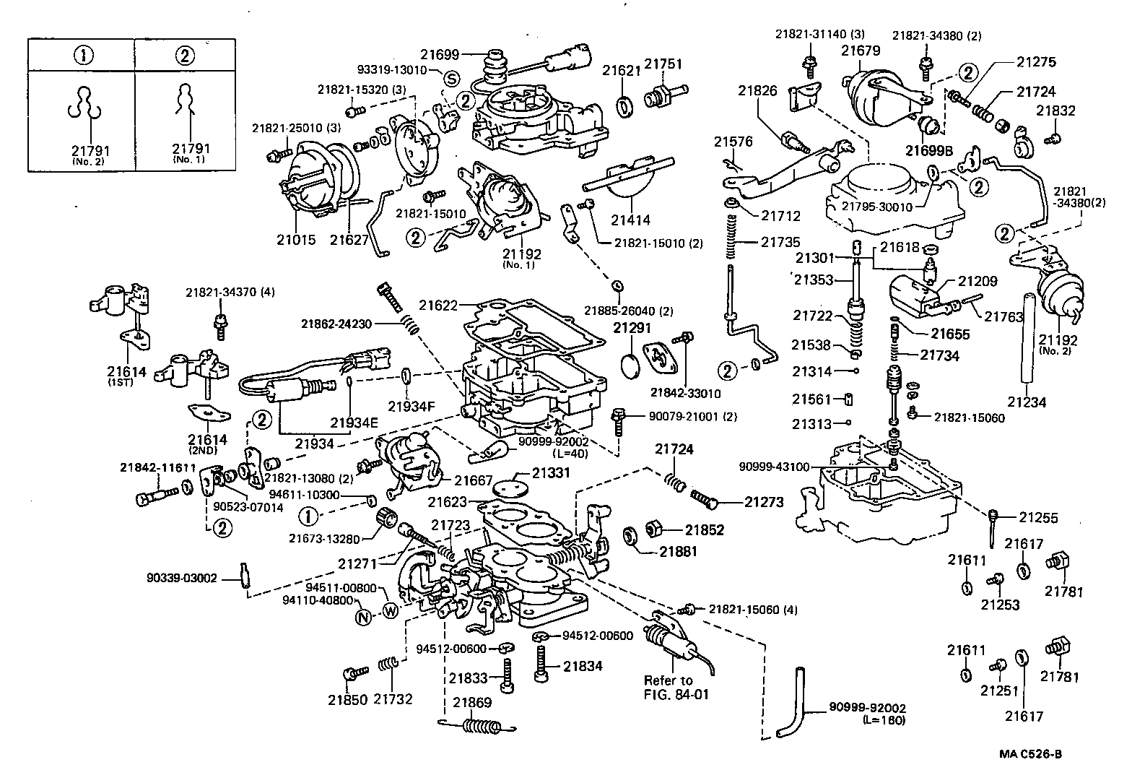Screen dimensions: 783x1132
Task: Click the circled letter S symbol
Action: tap(451, 78)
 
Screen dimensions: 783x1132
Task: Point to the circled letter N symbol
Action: tap(364, 616)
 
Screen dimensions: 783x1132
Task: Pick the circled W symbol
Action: tap(390, 610)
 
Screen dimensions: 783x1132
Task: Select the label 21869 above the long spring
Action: tap(472, 701)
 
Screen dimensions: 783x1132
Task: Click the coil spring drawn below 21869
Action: tap(480, 724)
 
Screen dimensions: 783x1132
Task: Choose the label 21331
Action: tap(552, 474)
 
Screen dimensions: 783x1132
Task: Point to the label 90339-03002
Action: tap(181, 578)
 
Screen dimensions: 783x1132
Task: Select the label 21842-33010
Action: tap(685, 392)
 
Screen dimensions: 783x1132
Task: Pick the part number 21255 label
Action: tap(1039, 517)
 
